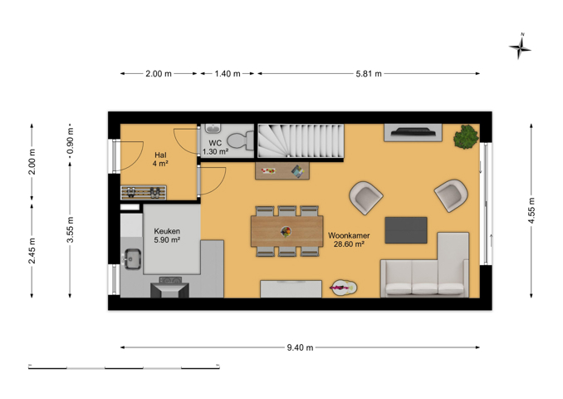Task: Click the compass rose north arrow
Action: click(520, 47)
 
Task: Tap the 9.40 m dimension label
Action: click(300, 347)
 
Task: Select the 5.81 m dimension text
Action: click(369, 74)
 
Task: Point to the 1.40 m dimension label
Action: click(228, 74)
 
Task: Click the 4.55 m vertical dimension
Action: click(531, 210)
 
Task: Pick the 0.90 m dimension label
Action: click(71, 140)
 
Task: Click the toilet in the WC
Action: click(240, 140)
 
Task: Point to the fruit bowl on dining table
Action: click(286, 231)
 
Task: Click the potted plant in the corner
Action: click(466, 137)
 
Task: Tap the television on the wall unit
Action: click(414, 132)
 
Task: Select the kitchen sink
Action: click(132, 259)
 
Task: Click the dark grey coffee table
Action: click(406, 230)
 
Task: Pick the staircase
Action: click(301, 140)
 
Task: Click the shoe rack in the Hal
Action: click(144, 192)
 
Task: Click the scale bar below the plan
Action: click(124, 367)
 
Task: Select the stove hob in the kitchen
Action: click(170, 279)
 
